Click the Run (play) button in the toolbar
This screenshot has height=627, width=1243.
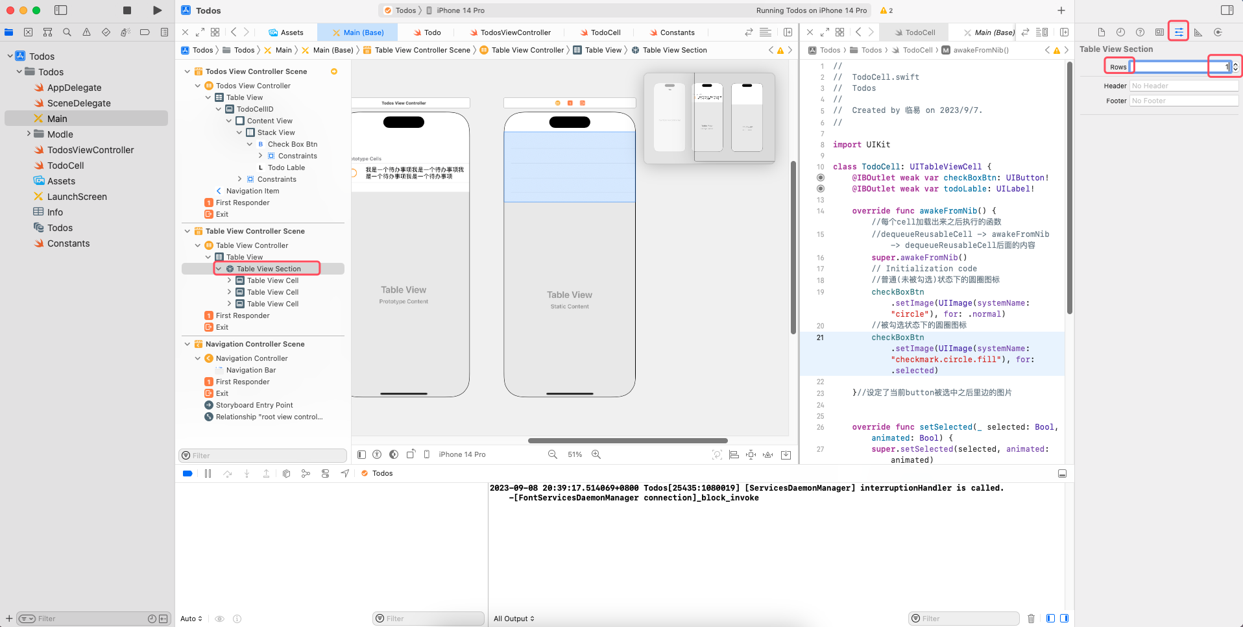[157, 10]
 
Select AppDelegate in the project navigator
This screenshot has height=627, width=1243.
[74, 88]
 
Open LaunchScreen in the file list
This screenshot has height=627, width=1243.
[77, 197]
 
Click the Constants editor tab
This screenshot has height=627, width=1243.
[677, 32]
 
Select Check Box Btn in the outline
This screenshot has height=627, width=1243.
[292, 144]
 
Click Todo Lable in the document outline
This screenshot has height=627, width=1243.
[286, 167]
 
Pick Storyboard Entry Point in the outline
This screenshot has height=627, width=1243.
[254, 405]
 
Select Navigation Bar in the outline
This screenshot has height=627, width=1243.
[251, 370]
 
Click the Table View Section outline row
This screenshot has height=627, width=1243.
[269, 269]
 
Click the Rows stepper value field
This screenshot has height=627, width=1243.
[1179, 67]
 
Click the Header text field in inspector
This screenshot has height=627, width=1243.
[1183, 86]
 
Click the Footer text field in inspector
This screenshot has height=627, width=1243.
[1183, 101]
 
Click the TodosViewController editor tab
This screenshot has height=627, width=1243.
[515, 32]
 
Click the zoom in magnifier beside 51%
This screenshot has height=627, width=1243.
[596, 454]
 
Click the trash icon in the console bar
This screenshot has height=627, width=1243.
[1031, 619]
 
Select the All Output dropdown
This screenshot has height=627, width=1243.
[514, 619]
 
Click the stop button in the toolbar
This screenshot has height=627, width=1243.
[127, 10]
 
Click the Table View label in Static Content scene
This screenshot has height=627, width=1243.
[569, 295]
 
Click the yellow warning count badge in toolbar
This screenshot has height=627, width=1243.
[886, 10]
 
